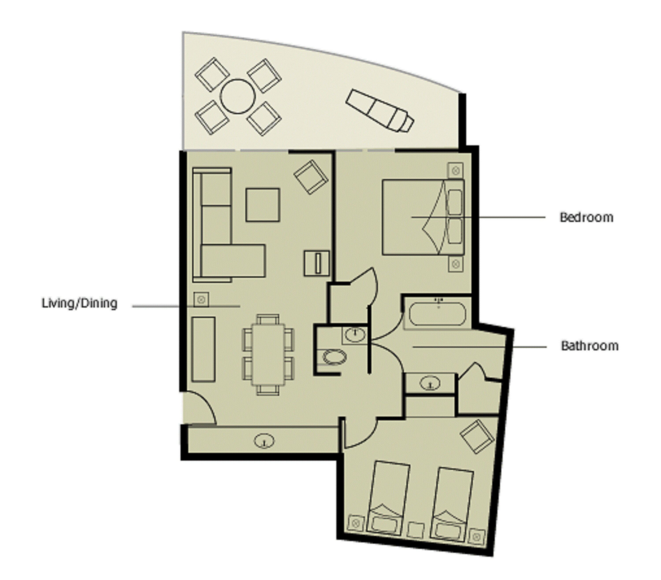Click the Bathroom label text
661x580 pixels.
click(589, 346)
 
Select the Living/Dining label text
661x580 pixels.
click(80, 303)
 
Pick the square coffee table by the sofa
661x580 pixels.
click(263, 205)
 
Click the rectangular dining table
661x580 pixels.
click(268, 354)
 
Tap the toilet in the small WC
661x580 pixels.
click(334, 357)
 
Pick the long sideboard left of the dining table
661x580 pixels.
click(203, 349)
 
